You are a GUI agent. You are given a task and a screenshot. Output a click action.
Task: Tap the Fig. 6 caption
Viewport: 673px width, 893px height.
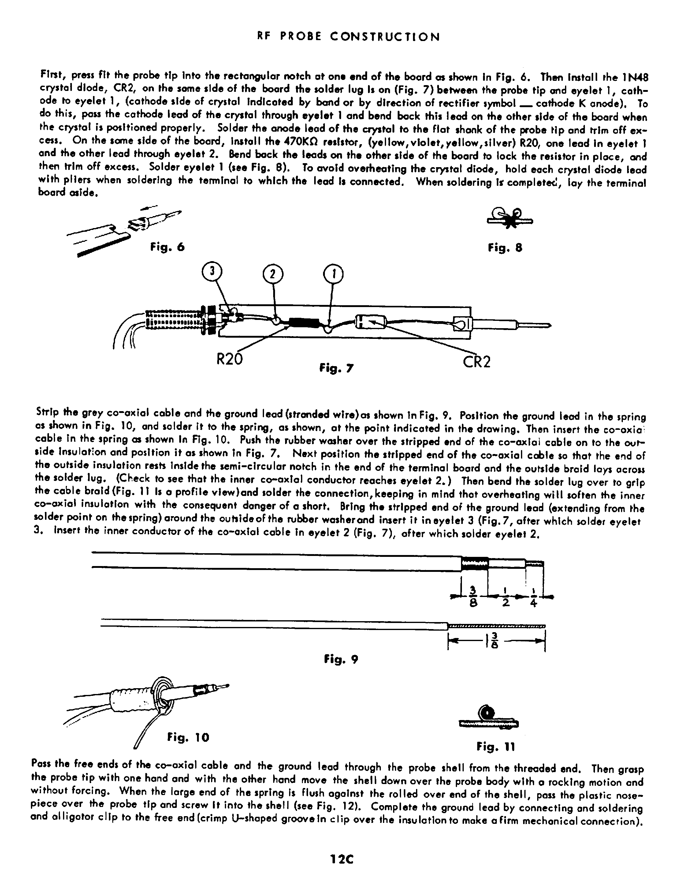(167, 247)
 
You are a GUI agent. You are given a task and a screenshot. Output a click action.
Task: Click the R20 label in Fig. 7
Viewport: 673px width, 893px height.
(229, 359)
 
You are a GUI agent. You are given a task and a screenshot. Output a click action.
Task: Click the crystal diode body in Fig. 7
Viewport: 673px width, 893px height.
(371, 322)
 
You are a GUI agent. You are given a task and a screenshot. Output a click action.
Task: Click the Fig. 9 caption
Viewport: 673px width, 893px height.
(341, 660)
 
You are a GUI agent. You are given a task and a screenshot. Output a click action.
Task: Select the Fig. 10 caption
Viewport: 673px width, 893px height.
(188, 737)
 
